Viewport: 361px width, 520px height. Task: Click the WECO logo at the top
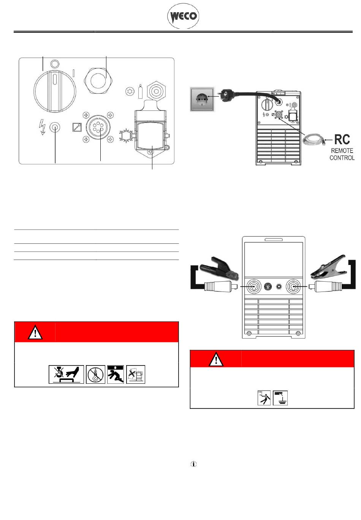(183, 16)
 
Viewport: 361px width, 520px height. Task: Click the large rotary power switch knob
(55, 91)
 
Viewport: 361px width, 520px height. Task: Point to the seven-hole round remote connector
(98, 127)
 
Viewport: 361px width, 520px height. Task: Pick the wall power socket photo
(201, 99)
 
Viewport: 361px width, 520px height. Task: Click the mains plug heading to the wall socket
(226, 96)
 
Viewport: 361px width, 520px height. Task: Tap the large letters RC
(342, 139)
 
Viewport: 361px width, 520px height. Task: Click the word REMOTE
(342, 151)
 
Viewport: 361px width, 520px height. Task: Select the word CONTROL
(342, 158)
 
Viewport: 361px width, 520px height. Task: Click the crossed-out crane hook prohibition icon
(95, 375)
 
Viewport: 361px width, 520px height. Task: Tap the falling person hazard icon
(116, 375)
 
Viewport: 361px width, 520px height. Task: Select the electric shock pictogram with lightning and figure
(264, 398)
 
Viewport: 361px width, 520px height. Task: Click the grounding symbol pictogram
(280, 398)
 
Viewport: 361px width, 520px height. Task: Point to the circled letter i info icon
(193, 464)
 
